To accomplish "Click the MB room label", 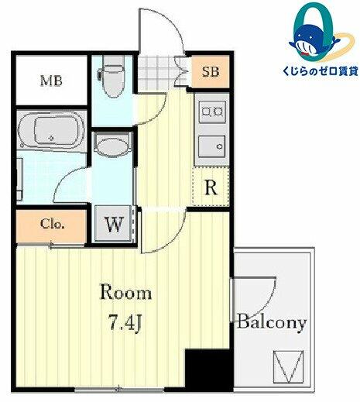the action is (x=51, y=81).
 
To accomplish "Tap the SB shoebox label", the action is (x=211, y=71).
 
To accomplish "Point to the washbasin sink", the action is (x=113, y=146).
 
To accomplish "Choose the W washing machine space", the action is (x=114, y=224).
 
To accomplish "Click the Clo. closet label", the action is (x=52, y=225).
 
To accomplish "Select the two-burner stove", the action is (x=212, y=112).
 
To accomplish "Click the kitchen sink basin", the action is (x=212, y=146).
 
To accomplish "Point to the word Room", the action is (x=125, y=292).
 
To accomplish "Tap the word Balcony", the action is (x=272, y=322).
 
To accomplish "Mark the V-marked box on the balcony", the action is (x=288, y=366).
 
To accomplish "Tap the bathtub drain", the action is (x=52, y=138).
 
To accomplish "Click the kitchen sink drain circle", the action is (x=220, y=146).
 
